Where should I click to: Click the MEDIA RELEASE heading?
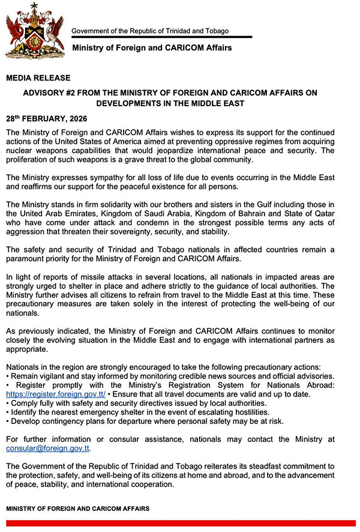(x=38, y=78)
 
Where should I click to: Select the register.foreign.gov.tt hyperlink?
(x=56, y=394)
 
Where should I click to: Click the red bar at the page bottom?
(x=180, y=524)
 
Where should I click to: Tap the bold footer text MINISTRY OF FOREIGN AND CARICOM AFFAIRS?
(x=78, y=509)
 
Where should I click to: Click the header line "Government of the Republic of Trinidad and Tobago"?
(x=150, y=31)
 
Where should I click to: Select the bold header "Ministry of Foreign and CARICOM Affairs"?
(x=152, y=47)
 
